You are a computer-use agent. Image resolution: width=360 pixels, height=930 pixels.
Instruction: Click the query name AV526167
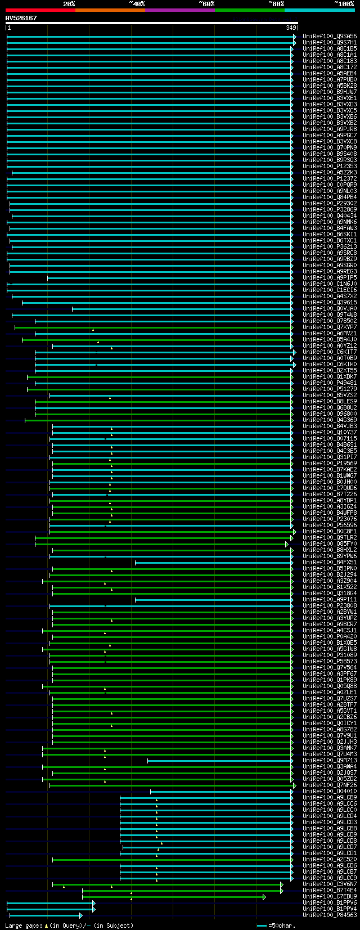tap(21, 18)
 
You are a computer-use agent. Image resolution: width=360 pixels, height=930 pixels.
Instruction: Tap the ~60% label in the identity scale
tap(206, 4)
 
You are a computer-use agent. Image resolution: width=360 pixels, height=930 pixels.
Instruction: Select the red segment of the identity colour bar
tap(40, 10)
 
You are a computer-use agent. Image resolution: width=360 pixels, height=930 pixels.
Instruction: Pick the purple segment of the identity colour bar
tap(179, 10)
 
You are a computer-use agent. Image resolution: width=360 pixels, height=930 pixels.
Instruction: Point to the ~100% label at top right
tap(344, 4)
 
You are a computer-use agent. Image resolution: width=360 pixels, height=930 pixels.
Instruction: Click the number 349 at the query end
tap(291, 28)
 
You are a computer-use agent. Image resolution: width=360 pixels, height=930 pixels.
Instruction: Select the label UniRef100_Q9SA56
tap(330, 36)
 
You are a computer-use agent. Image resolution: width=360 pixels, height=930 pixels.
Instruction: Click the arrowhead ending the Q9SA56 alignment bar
tap(294, 36)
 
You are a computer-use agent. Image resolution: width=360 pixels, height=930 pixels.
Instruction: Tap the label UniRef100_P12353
tap(330, 166)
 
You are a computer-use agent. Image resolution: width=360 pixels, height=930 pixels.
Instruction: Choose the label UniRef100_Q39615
tap(330, 302)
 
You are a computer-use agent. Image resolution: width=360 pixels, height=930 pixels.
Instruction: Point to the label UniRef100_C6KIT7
tap(330, 352)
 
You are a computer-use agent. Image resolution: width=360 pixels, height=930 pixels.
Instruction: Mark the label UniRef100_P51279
tap(330, 389)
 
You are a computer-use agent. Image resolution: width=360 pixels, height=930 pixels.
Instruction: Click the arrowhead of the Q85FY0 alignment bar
tap(287, 543)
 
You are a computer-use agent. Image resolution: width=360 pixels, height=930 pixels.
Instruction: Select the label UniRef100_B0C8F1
tap(330, 531)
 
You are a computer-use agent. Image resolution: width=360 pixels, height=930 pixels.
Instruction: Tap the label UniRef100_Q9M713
tap(330, 760)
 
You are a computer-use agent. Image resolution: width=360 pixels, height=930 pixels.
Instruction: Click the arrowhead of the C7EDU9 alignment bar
tap(264, 896)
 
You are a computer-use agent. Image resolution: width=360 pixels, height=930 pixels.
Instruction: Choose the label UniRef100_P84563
tap(330, 915)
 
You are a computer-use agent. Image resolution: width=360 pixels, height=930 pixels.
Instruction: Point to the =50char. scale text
tap(282, 925)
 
